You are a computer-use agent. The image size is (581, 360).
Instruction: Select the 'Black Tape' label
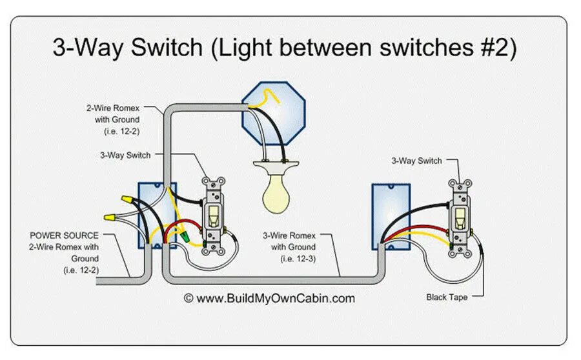(x=446, y=297)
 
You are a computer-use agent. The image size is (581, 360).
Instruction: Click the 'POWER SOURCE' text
(x=65, y=235)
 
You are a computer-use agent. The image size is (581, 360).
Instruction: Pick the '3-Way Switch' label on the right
(x=416, y=161)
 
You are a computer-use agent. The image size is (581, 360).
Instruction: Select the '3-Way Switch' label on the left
(x=125, y=155)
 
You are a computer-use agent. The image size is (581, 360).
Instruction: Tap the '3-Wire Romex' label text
(x=293, y=236)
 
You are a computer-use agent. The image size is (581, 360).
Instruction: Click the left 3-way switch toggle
(x=212, y=214)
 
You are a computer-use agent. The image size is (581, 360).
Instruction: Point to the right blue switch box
(x=391, y=216)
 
